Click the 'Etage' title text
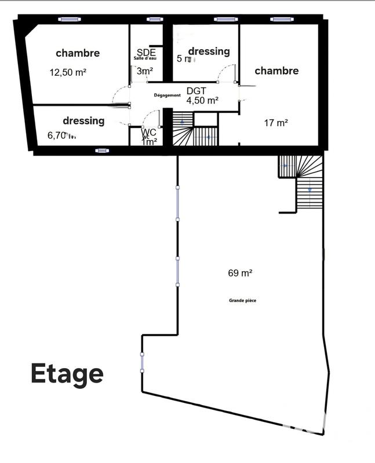67,373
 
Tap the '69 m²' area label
240,273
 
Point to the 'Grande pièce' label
242,300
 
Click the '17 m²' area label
276,123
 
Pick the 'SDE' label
145,52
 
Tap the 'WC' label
149,132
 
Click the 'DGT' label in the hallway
196,91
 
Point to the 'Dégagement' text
168,95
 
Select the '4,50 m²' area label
202,100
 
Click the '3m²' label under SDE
145,71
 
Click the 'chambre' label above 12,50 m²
78,53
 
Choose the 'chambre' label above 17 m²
276,71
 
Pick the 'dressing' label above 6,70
83,121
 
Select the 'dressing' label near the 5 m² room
209,52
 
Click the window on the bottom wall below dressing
102,150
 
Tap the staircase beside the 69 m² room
301,182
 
